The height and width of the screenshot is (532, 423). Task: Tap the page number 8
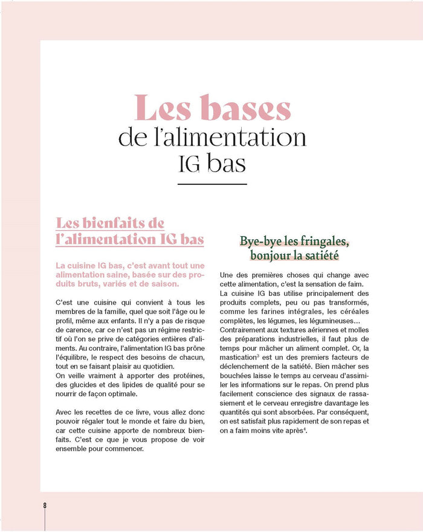[45, 505]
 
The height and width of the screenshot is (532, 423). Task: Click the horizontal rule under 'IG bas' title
[213, 184]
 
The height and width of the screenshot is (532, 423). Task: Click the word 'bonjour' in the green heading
[273, 255]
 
